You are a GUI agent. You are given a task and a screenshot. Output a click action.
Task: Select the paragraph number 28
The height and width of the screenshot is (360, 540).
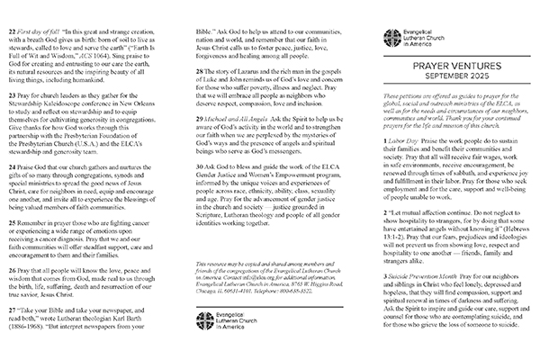click(193, 84)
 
